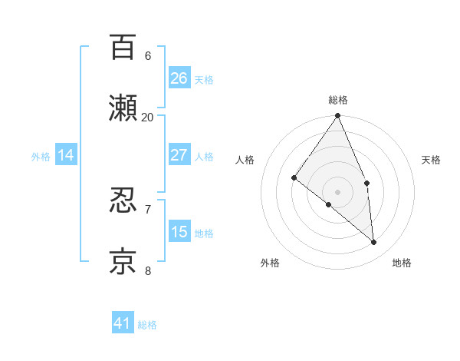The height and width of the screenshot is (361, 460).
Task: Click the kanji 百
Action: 123,47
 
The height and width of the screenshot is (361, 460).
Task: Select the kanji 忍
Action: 123,200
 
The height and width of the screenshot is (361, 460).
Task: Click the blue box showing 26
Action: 179,78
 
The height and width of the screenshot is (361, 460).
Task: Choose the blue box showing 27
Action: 179,155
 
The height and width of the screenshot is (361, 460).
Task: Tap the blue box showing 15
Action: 179,232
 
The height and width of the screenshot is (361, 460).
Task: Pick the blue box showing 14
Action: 66,155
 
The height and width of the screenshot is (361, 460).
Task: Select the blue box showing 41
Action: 123,323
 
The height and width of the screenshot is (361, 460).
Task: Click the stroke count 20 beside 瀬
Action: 148,117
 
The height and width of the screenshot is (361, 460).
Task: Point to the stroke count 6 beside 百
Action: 148,55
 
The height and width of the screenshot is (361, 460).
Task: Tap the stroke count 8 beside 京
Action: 148,270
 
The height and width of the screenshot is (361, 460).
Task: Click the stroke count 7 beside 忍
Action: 148,209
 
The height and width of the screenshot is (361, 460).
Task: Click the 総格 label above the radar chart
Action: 338,100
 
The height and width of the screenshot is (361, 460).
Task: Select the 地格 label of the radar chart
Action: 402,263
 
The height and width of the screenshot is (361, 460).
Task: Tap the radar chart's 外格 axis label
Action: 270,263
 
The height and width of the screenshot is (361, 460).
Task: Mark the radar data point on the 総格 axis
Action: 338,116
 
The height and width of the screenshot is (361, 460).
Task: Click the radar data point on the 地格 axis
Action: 374,242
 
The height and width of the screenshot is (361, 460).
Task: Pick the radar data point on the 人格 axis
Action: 294,177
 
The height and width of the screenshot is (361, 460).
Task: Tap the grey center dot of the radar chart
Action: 338,191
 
